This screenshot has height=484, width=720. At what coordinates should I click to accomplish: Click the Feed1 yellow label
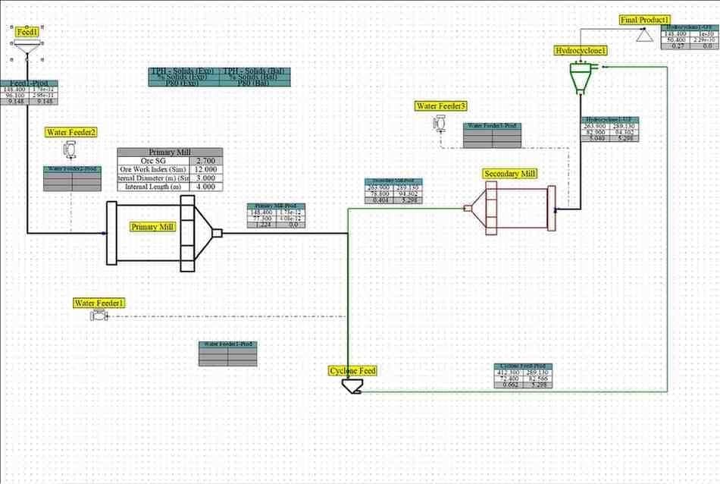point(27,32)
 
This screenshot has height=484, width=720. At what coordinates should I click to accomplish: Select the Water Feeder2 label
point(72,132)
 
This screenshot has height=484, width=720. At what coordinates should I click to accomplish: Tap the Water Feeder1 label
point(99,303)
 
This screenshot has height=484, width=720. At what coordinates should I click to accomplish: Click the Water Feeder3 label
point(440,106)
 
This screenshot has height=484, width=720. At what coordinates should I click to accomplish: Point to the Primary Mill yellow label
point(152,227)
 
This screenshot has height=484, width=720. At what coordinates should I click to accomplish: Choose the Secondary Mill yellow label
point(510,174)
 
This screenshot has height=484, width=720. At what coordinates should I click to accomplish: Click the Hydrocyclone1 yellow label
point(581,51)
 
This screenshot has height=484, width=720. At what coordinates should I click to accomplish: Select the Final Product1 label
point(645,20)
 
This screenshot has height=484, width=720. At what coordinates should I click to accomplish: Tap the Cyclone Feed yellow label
point(352,371)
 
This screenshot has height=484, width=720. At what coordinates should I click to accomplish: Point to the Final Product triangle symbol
point(645,35)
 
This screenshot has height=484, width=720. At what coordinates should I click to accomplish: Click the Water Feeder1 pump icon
point(98,316)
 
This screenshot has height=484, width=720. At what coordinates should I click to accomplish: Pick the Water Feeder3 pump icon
point(442,123)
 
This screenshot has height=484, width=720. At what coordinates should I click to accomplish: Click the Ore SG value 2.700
point(205,161)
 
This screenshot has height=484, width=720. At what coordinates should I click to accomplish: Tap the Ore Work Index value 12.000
point(205,169)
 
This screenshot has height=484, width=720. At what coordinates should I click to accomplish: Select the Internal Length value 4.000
point(205,186)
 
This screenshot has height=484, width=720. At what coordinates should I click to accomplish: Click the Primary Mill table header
point(171,152)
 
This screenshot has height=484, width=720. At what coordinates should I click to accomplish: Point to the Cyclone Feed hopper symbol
point(352,386)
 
